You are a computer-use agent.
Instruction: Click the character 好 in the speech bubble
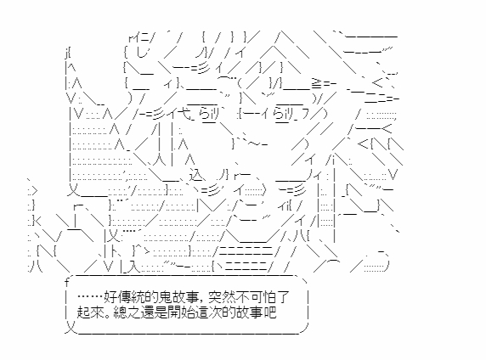point(110,297)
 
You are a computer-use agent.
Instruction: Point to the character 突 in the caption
point(215,297)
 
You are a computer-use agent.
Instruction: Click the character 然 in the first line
point(228,297)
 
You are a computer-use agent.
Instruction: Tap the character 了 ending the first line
point(281,297)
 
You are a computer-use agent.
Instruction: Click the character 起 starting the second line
point(82,312)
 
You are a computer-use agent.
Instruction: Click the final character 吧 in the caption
point(269,312)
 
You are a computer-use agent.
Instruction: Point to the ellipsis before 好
point(90,297)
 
